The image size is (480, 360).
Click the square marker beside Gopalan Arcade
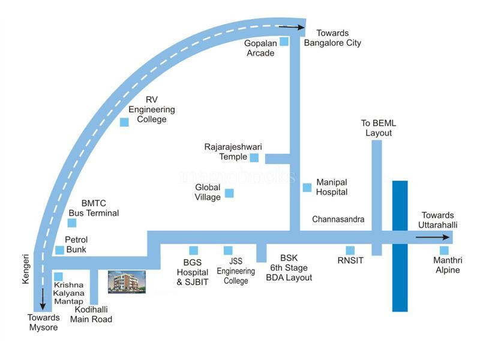[x=284, y=41]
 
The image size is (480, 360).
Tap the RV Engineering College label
[x=152, y=110]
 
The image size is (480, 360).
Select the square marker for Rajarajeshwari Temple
[x=254, y=157]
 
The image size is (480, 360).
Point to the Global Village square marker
[x=229, y=193]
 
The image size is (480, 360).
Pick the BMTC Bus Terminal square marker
[x=72, y=223]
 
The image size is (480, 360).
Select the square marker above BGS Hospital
[x=194, y=250]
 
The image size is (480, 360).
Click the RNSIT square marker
[x=350, y=250]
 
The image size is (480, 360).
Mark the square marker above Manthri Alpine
[x=444, y=250]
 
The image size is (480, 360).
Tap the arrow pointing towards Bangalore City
[x=292, y=26]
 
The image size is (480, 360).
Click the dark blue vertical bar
[x=400, y=246]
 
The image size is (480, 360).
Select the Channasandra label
[x=338, y=220]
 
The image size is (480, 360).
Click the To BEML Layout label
[x=379, y=128]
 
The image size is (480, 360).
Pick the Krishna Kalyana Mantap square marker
[x=58, y=277]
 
